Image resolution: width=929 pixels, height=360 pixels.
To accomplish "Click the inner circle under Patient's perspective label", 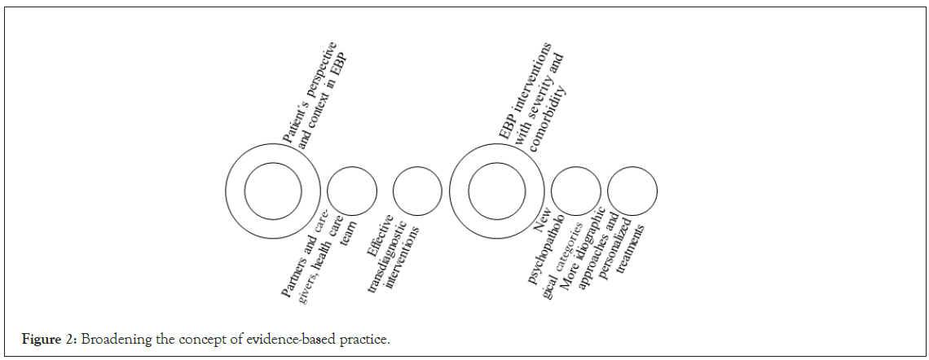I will pos(273,191).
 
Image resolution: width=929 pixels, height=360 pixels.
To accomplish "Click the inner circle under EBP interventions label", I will pos(497,191).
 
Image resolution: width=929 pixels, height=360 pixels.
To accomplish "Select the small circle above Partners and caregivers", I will pos(352,191).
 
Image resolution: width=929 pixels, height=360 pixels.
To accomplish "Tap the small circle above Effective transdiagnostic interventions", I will pos(417,191).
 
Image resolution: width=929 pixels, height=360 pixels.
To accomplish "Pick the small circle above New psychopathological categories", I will pos(575,191).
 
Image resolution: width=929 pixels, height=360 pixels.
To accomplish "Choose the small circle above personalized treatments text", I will pos(632,191).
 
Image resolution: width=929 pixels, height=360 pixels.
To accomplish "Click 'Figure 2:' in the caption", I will pos(42,338).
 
